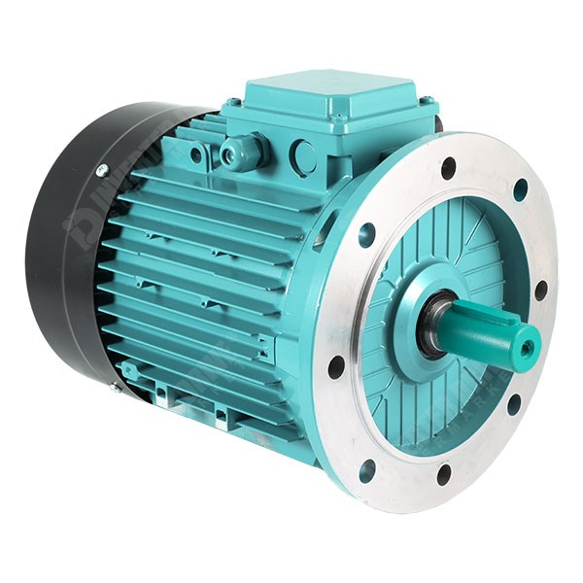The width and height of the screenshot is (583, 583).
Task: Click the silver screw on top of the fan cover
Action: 101,170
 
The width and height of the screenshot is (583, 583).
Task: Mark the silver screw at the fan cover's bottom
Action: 113,387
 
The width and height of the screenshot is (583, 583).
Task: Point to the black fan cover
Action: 68,243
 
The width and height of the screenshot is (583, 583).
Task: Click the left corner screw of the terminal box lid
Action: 232,102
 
